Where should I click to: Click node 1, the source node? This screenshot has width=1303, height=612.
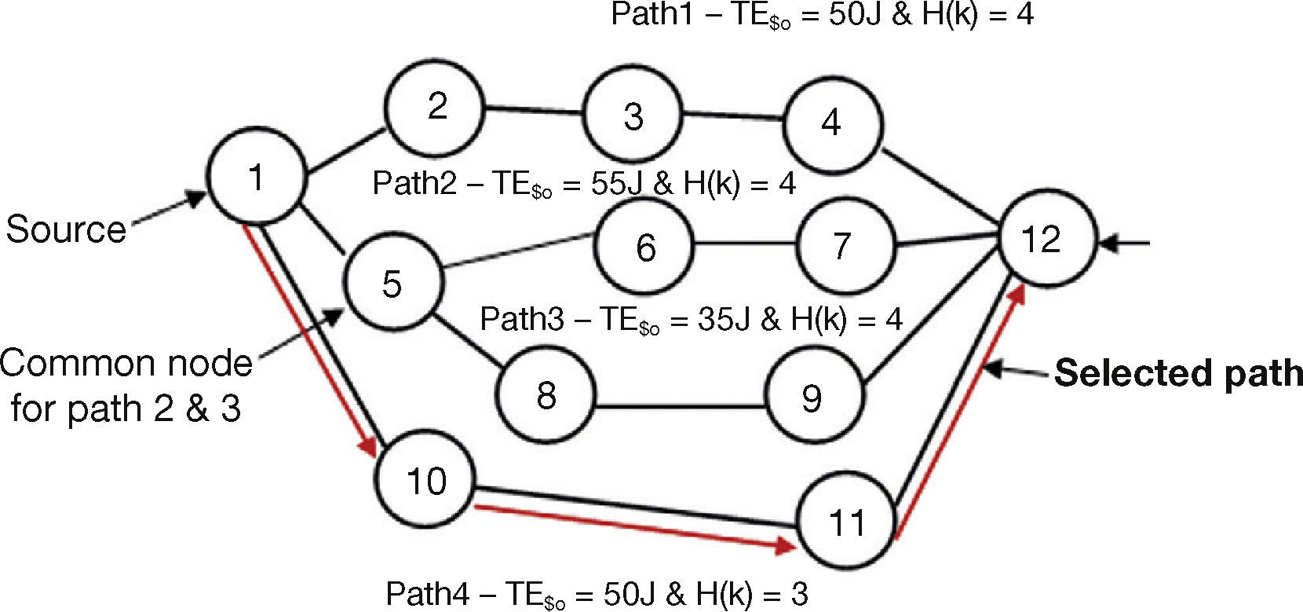(255, 178)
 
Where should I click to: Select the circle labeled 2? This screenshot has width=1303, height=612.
(437, 106)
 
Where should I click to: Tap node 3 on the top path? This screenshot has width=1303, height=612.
(633, 116)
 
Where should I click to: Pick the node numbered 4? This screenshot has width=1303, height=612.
(831, 123)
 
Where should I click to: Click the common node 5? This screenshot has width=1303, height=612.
(392, 284)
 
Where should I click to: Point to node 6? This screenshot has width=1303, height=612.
(645, 247)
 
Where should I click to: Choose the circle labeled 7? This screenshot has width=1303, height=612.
(843, 246)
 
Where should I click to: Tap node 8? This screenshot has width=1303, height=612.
(546, 395)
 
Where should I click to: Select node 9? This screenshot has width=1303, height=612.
(813, 398)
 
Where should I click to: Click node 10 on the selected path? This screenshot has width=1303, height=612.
(426, 481)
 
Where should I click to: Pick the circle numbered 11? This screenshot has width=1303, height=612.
(846, 521)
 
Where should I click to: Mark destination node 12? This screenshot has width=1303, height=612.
(1042, 239)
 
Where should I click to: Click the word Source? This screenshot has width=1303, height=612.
(66, 229)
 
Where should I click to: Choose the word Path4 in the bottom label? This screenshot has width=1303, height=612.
(427, 594)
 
